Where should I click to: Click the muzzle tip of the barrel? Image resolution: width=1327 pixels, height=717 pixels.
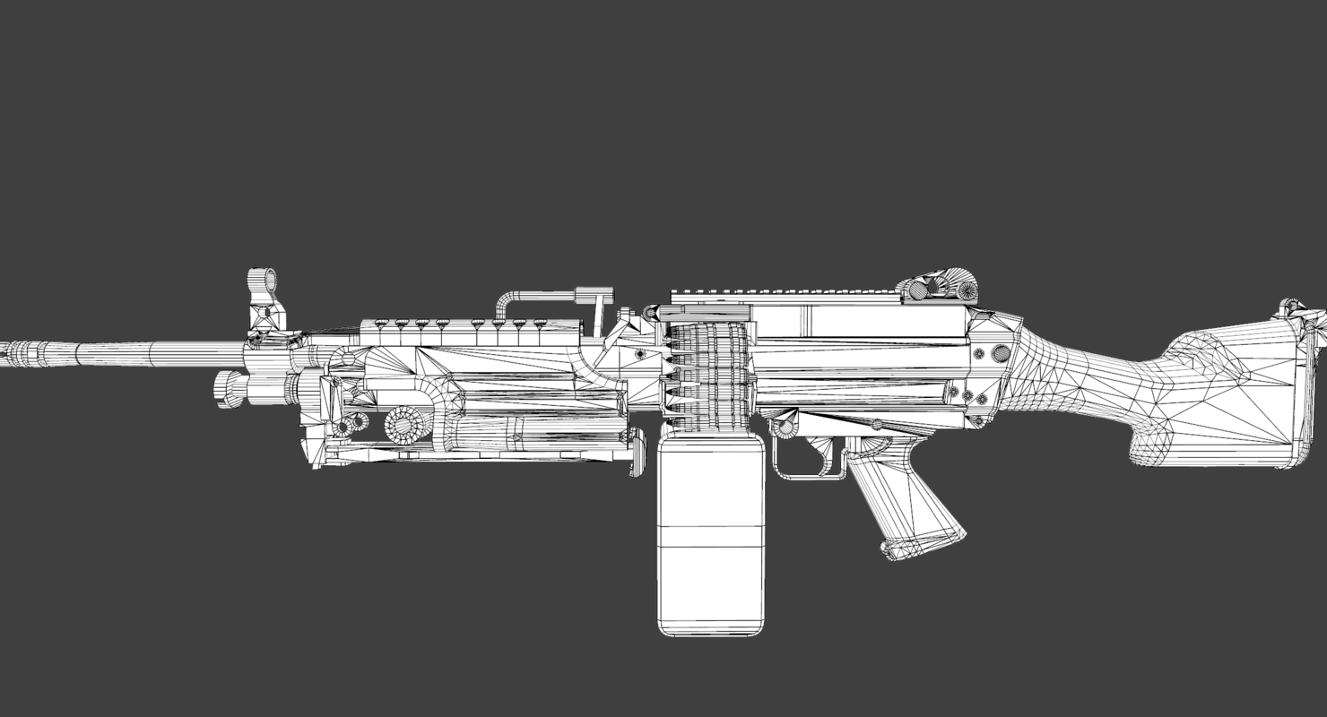pyautogui.click(x=4, y=353)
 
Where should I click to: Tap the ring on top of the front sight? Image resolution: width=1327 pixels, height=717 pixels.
pyautogui.click(x=262, y=280)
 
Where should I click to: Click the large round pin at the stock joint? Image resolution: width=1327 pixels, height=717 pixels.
pyautogui.click(x=1001, y=353)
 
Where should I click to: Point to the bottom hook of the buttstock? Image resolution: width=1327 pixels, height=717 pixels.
pyautogui.click(x=1157, y=453)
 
